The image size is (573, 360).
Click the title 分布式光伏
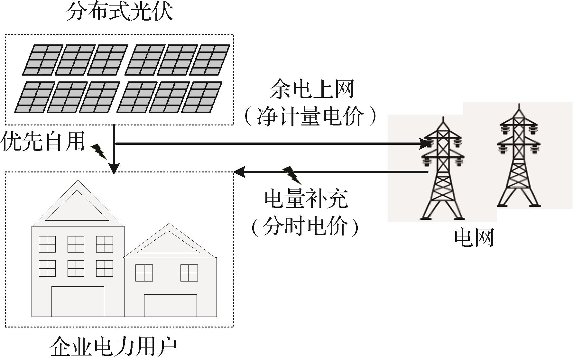(x=119, y=12)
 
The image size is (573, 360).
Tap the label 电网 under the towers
(x=474, y=238)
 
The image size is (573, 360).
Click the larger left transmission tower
(x=443, y=171)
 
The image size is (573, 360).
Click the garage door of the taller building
(x=78, y=301)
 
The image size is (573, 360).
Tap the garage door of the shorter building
(x=170, y=305)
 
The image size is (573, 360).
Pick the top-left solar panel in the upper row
(x=42, y=60)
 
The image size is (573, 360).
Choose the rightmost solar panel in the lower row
(x=202, y=97)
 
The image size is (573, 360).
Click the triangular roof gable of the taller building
(x=77, y=206)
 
